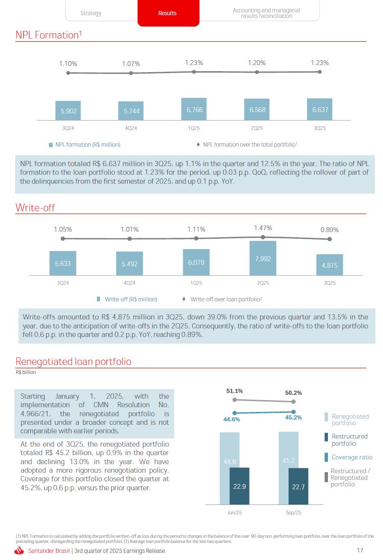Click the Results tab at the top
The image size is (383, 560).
coord(167,13)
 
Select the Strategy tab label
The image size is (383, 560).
coord(91,13)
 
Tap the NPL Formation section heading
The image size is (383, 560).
coord(47,35)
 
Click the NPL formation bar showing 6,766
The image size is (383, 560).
coord(194,109)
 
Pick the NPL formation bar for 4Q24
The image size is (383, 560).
coord(131,111)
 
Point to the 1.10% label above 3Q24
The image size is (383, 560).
coord(68,63)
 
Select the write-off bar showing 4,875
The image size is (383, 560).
coord(329,265)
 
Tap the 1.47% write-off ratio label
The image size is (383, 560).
coord(263,228)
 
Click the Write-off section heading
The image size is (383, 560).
coord(35,207)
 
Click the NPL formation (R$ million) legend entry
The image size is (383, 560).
coord(87,145)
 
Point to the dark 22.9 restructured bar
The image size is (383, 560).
coord(239,486)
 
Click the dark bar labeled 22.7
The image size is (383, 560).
coord(299,486)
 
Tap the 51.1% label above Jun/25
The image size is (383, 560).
coord(234,391)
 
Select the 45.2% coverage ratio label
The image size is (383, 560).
coord(293,418)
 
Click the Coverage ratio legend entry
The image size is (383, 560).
coord(352,457)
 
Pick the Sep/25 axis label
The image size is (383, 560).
coord(293,513)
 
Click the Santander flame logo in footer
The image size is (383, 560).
coord(19,551)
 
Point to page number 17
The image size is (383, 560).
coord(360,551)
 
